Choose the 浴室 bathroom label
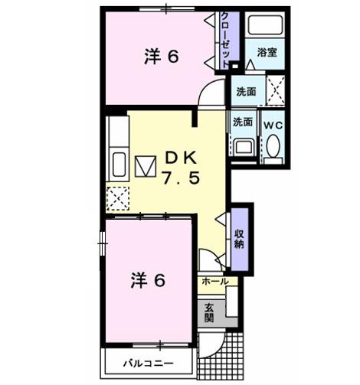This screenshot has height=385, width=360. click(267, 53)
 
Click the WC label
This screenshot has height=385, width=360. click(273, 122)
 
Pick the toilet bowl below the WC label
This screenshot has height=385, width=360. click(273, 146)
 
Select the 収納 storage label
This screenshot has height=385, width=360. click(240, 239)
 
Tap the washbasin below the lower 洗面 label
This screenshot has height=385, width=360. click(244, 146)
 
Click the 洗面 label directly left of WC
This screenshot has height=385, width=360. click(243, 122)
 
